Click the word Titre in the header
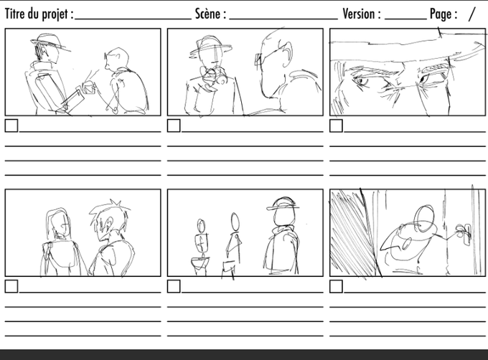click(x=15, y=14)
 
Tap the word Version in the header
click(x=359, y=14)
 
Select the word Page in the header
click(x=441, y=14)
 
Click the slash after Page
click(x=472, y=14)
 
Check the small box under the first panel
click(x=11, y=126)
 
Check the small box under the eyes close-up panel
click(x=336, y=126)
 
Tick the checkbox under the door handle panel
click(x=336, y=286)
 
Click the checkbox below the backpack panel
click(x=11, y=286)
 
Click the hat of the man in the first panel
click(x=50, y=42)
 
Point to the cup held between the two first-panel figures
click(x=89, y=87)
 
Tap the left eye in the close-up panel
click(x=362, y=81)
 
